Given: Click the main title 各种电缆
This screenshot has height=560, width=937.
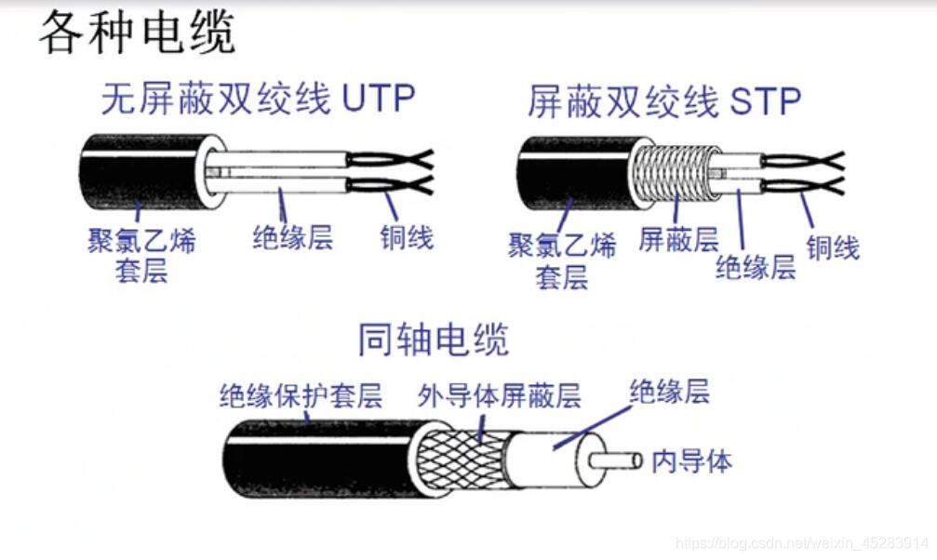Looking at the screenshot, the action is tap(137, 33).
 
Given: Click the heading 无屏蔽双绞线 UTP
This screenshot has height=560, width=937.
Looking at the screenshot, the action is tap(258, 98).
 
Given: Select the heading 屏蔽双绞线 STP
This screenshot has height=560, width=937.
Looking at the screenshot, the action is tap(663, 101).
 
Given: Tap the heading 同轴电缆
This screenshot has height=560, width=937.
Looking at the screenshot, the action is tap(434, 340).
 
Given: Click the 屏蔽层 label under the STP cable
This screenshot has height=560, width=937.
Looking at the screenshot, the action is tap(678, 240).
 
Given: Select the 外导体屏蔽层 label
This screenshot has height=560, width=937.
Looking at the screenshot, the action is tap(499, 396).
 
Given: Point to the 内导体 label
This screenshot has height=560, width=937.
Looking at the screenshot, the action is tap(691, 460).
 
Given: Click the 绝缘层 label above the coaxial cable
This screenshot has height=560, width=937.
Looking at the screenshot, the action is tap(669, 391).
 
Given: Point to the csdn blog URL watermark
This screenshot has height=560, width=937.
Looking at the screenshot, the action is tap(801, 542).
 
